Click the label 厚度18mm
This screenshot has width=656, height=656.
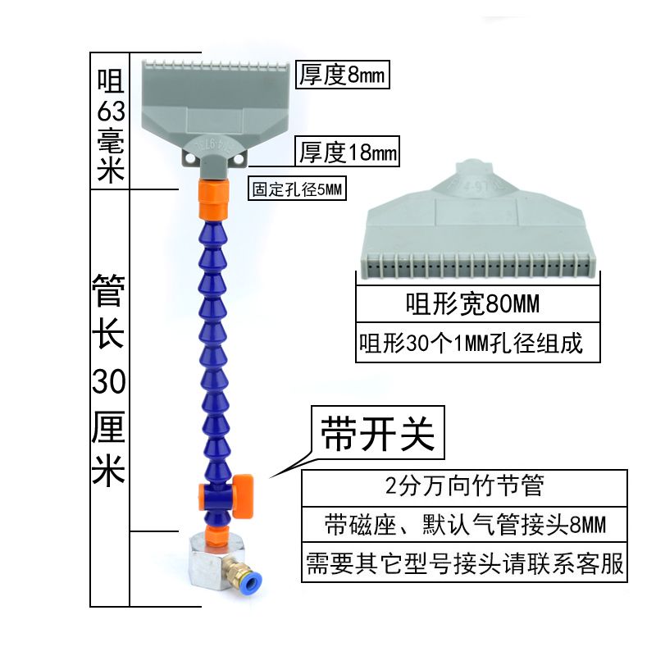click(x=348, y=152)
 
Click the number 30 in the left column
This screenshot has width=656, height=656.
click(x=109, y=380)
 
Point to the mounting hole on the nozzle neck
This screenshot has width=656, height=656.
click(x=194, y=153)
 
